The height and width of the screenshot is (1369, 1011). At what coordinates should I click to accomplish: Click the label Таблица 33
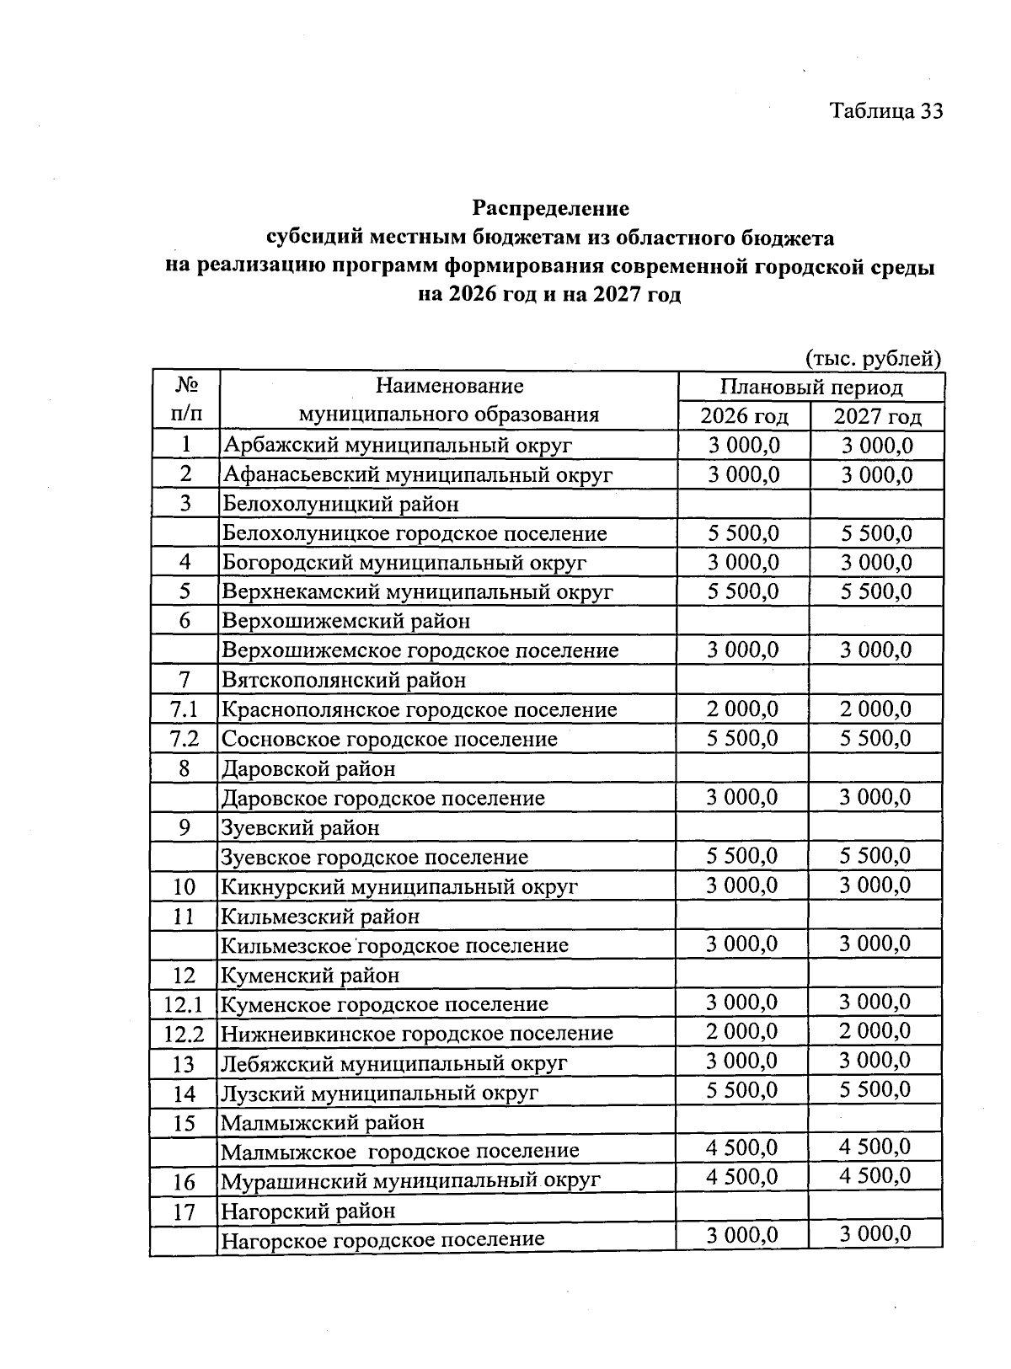[x=885, y=111]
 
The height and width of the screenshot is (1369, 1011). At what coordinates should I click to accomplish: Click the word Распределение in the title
[x=550, y=207]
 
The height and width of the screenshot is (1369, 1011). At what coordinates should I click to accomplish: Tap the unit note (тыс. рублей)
[x=873, y=359]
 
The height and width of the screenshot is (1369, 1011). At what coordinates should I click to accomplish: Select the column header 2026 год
[x=744, y=416]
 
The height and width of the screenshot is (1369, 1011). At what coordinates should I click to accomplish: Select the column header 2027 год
[x=877, y=416]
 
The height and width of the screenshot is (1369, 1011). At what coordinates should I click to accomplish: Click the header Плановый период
[x=810, y=387]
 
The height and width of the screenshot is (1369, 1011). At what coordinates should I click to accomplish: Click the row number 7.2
[x=185, y=739]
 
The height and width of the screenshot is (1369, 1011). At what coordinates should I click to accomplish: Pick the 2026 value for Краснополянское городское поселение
[x=743, y=709]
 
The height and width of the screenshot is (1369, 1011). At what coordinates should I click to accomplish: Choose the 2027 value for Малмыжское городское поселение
[x=875, y=1147]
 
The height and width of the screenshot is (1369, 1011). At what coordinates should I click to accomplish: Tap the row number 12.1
[x=185, y=1004]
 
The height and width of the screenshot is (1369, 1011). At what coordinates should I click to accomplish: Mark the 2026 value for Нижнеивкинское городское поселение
[x=742, y=1031]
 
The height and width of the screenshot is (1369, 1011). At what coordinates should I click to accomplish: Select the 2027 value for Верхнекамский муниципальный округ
[x=876, y=591]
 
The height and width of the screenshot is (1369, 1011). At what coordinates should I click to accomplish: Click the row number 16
[x=185, y=1182]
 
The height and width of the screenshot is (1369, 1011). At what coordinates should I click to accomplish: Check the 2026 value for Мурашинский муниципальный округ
[x=742, y=1176]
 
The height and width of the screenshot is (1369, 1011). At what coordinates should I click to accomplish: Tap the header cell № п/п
[x=186, y=400]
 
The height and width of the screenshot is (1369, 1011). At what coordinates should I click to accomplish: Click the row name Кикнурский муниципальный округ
[x=399, y=886]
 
